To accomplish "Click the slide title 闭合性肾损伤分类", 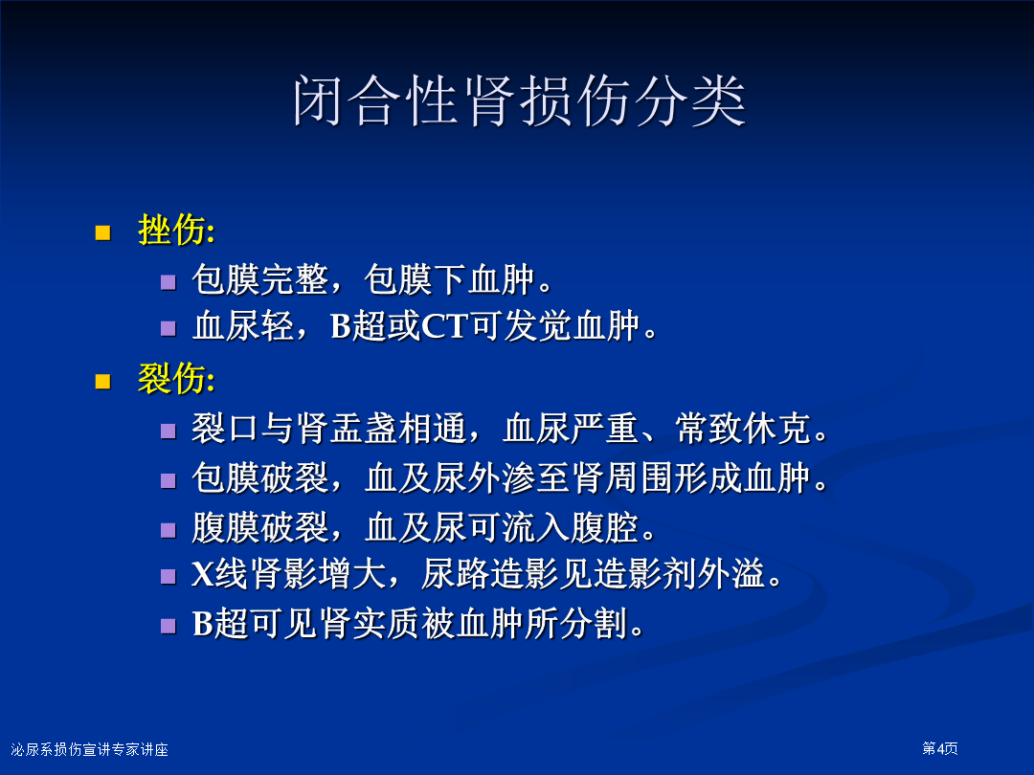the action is tap(519, 100).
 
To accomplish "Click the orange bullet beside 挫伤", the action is tap(102, 232).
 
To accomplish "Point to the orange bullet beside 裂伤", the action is tap(102, 382).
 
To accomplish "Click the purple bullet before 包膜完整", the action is tap(169, 282).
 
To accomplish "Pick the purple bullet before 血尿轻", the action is tap(169, 328).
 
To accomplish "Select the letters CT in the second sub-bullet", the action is tap(445, 325).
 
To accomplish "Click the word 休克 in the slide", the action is tap(778, 429).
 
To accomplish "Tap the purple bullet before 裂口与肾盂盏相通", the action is tap(169, 431).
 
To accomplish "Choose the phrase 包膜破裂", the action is tap(260, 477).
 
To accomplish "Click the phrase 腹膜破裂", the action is tap(260, 528).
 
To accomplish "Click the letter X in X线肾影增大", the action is tap(203, 574).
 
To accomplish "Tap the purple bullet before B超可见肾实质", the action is tap(169, 626).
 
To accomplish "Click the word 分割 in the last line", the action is tap(594, 624).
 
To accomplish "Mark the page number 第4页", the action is tap(940, 748).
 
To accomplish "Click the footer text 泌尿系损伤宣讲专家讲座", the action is tap(90, 749).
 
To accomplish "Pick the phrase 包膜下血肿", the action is tap(450, 279).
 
